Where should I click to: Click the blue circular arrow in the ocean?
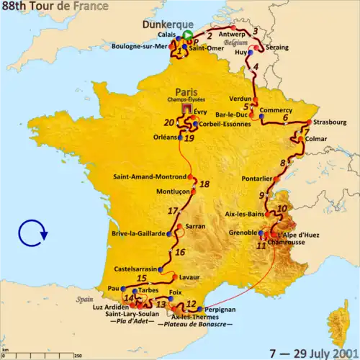32,233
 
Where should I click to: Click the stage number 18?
204,184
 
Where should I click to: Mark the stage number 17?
172,211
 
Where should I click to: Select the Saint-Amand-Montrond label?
150,176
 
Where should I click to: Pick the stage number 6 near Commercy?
285,117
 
